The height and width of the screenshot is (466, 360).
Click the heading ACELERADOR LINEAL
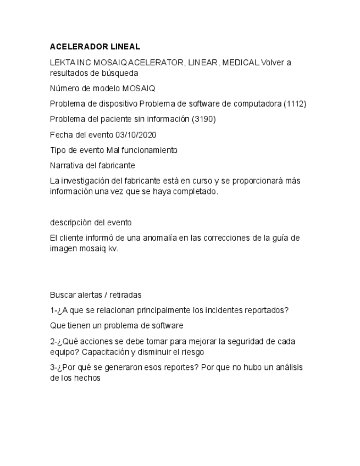[95, 47]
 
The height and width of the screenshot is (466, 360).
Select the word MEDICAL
[240, 63]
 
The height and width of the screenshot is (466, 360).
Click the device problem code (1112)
[295, 103]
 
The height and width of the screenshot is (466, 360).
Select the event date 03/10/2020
[136, 134]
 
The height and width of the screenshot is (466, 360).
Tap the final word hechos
[88, 378]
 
